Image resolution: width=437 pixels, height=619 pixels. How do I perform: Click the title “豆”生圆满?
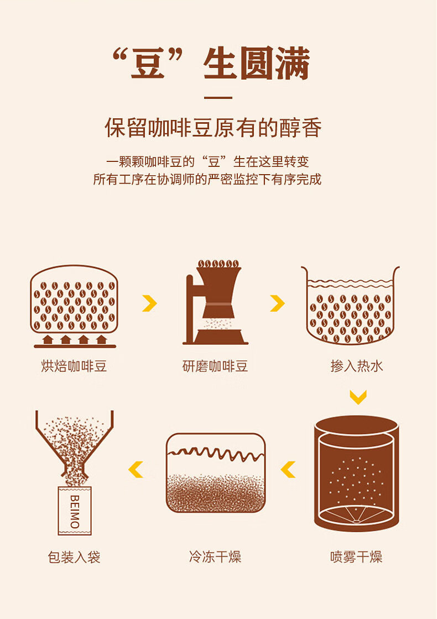(210, 65)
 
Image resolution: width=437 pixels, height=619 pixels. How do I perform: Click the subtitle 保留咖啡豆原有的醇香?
(213, 128)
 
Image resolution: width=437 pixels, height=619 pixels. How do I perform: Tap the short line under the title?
(218, 98)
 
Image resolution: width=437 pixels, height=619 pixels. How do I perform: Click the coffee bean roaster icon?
(74, 305)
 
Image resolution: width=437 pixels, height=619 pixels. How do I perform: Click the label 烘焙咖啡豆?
(74, 366)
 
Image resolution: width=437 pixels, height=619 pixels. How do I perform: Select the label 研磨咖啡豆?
(215, 366)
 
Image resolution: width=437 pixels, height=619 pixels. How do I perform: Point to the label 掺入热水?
(357, 366)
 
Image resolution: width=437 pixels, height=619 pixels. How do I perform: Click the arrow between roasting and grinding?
(149, 303)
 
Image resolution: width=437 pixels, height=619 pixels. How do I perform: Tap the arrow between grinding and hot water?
(277, 303)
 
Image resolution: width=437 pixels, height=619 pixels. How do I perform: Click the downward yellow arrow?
(358, 397)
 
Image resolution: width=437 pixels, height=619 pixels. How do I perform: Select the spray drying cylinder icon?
(356, 474)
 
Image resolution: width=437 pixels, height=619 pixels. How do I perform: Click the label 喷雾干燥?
(356, 557)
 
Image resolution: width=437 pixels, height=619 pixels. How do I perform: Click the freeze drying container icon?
(216, 473)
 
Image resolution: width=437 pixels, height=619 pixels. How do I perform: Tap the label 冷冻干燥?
(215, 557)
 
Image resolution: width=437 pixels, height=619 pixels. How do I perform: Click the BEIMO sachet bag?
(75, 511)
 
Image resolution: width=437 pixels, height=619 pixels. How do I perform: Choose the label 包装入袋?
(74, 557)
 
